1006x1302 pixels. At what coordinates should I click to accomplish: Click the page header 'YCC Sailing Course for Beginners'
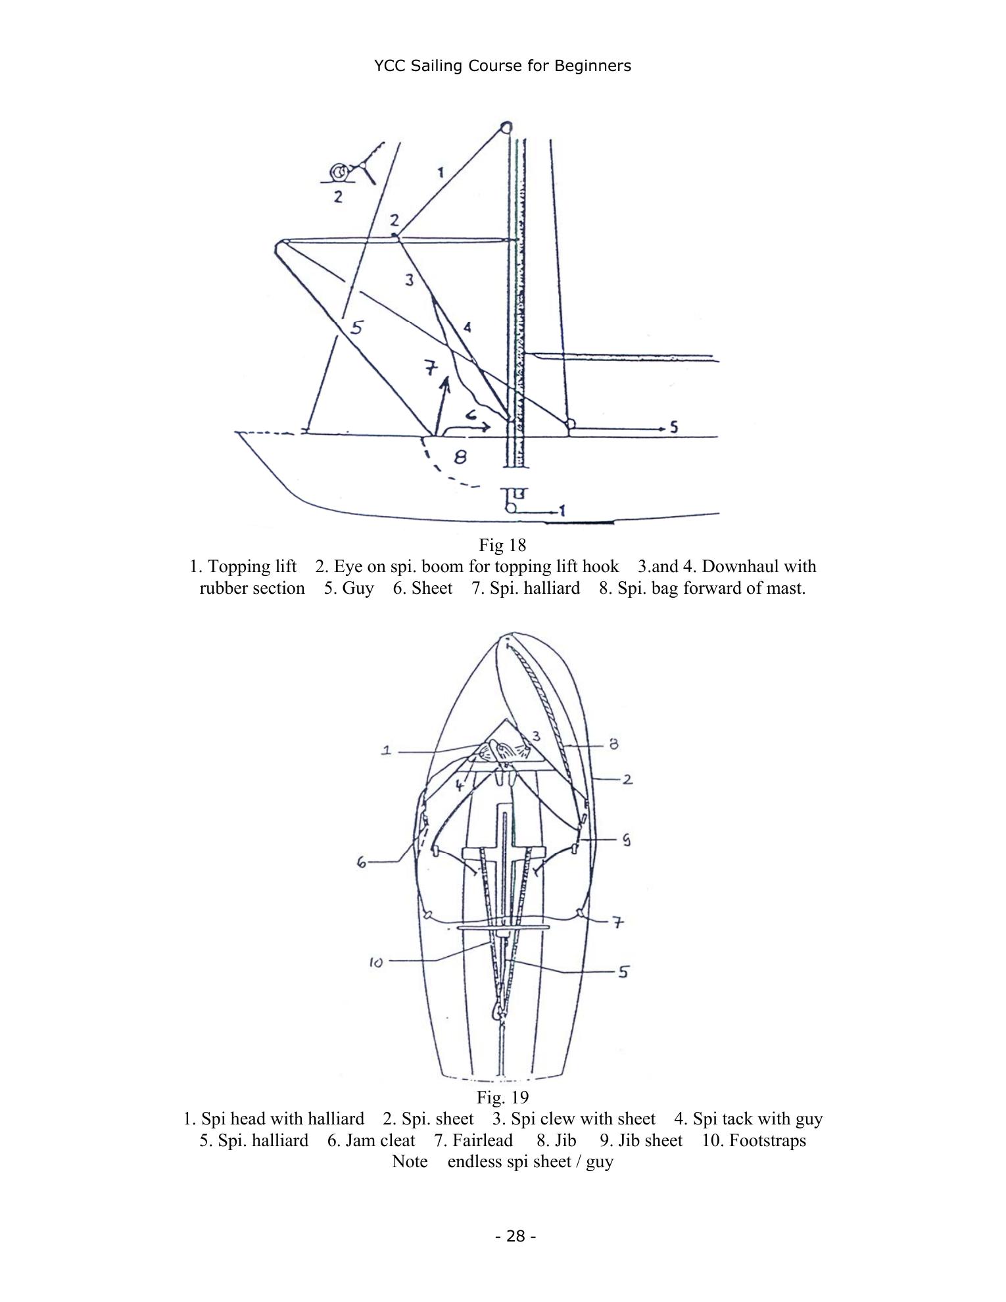(502, 66)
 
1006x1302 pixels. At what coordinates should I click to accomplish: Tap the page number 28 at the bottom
(516, 1236)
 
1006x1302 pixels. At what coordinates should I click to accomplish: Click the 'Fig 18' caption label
(502, 545)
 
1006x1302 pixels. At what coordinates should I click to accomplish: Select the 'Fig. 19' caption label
(502, 1097)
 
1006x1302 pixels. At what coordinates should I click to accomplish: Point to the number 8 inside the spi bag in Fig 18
(460, 456)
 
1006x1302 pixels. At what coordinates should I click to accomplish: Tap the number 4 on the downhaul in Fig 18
(467, 327)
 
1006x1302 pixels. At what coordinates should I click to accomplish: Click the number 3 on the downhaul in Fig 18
(410, 280)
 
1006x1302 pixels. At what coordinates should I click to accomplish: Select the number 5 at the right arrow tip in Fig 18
(673, 427)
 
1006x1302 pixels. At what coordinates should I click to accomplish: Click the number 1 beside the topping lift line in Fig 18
(441, 172)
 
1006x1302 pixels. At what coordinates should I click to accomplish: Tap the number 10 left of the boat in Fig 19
(376, 963)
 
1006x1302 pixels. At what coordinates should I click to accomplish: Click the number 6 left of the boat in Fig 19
(362, 862)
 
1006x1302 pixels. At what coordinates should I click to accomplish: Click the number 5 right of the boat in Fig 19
(623, 972)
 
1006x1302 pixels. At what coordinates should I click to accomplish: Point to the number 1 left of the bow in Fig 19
(387, 750)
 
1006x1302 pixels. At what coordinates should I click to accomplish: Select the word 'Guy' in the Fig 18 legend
(358, 588)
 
